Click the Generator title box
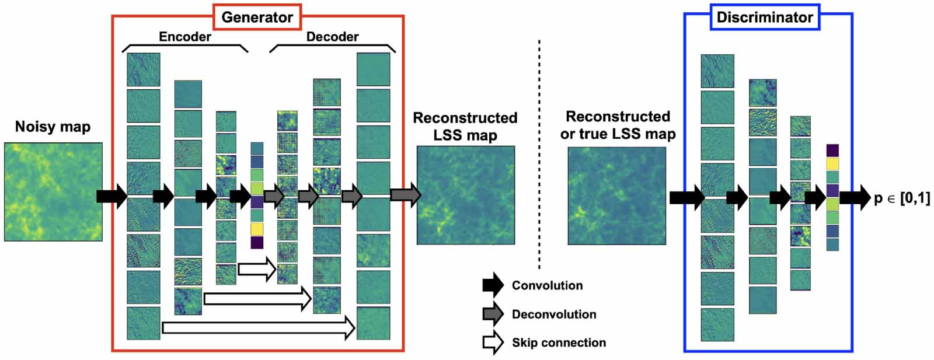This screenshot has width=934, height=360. coord(257,17)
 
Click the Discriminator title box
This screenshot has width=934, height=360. coord(764,17)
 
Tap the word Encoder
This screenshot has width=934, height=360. coord(184,37)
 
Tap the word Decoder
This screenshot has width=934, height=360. coord(332,37)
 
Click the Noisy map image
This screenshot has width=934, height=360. coord(53,191)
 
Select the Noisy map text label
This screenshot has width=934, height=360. coord(53,127)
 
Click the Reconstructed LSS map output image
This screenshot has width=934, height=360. coord(465,195)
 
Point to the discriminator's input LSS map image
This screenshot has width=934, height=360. coord(616,195)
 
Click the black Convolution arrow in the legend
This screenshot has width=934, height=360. coord(493,285)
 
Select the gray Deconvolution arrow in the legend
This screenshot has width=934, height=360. coord(493,314)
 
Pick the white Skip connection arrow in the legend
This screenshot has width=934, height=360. coord(493,342)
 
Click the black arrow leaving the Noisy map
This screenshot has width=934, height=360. coord(111,195)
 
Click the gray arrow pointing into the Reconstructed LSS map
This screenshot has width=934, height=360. coord(405,195)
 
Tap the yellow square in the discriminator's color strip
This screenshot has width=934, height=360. coord(832,164)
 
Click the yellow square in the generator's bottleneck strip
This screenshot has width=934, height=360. coord(257,229)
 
